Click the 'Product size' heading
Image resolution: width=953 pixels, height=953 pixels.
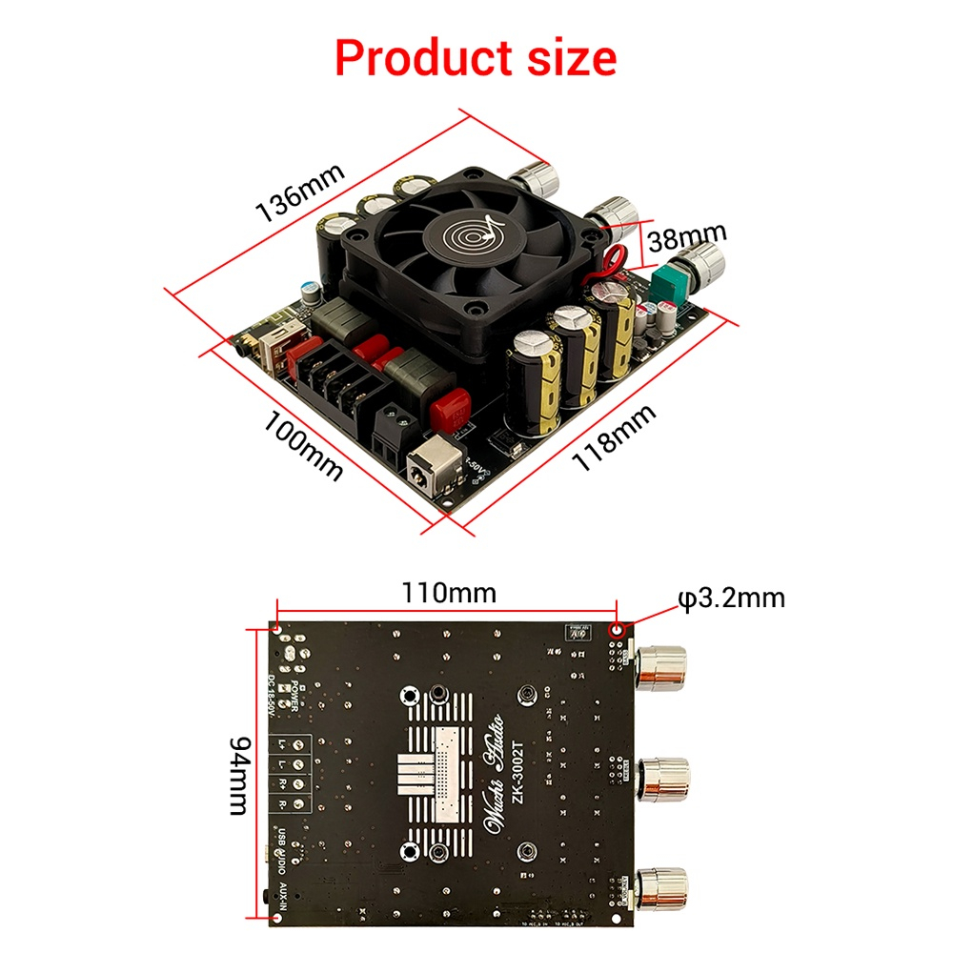coord(476,58)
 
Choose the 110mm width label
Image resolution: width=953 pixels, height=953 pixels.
coord(448,593)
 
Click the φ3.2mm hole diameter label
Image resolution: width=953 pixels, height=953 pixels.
coord(732,598)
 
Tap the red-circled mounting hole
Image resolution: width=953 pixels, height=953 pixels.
coord(617,630)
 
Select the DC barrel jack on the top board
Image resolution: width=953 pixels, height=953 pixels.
coord(428,471)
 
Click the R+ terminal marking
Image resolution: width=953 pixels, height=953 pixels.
coord(284,784)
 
